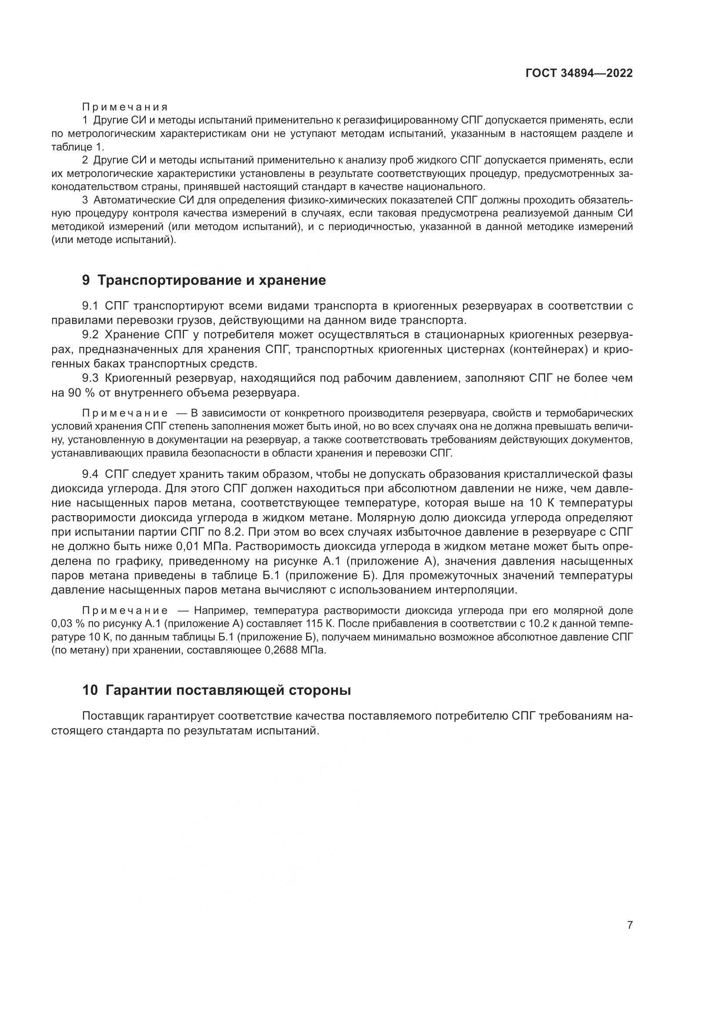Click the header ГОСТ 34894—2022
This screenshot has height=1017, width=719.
579,73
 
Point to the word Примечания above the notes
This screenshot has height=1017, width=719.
125,107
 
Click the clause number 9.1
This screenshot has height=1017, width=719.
92,306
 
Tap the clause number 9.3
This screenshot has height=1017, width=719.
92,378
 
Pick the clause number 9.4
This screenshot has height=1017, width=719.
92,474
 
